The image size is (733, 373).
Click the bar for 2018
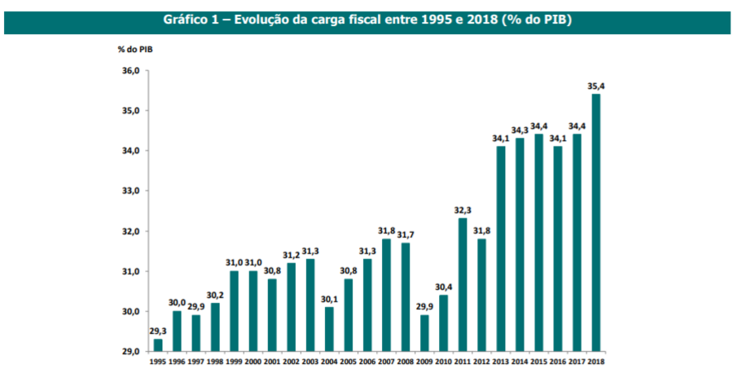click(595, 222)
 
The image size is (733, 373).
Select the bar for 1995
click(157, 344)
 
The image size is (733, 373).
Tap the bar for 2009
click(424, 333)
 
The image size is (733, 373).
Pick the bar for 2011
click(463, 284)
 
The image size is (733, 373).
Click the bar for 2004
click(329, 329)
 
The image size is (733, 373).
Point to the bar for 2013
click(501, 248)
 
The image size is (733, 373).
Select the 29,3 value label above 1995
click(157, 330)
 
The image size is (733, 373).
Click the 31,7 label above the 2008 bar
click(406, 235)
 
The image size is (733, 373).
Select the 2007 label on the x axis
click(386, 361)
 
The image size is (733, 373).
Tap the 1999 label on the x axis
click(234, 361)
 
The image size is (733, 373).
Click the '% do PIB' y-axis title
click(135, 50)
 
